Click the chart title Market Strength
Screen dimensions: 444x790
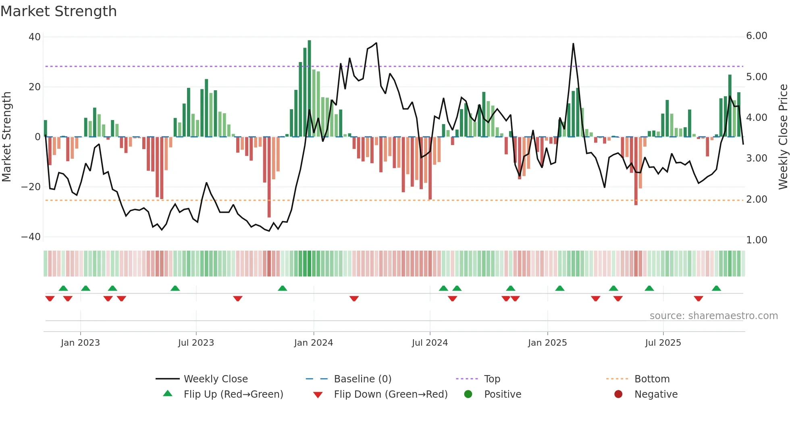[x=58, y=11]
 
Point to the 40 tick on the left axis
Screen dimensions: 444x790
[x=35, y=37]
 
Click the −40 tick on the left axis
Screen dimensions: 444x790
[x=31, y=237]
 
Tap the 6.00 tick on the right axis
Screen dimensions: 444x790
[x=757, y=36]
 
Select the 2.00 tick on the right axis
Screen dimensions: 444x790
[x=757, y=199]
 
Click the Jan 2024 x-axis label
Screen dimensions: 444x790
[x=314, y=343]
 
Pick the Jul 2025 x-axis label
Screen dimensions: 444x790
[x=663, y=343]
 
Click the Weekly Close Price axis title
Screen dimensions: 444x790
[x=783, y=137]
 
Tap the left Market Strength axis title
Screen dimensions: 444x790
[x=6, y=137]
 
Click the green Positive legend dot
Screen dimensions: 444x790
[x=468, y=394]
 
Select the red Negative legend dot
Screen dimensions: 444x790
[x=618, y=394]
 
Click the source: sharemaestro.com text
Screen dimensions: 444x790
[x=713, y=316]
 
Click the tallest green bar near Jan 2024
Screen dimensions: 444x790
[x=309, y=89]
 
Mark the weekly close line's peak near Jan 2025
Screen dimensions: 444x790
[x=573, y=44]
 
